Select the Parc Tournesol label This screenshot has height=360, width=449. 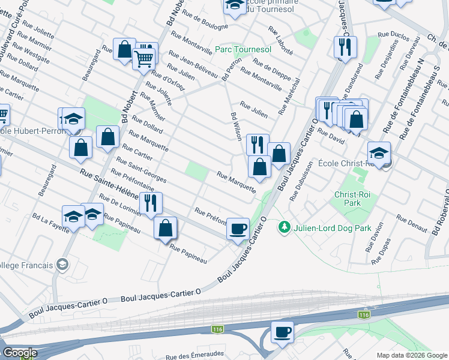pos(244,49)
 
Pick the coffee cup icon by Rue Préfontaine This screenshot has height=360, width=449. pos(238,228)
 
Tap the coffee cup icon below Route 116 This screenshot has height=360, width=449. pos(282,331)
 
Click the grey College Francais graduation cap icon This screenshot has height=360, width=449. pos(61,264)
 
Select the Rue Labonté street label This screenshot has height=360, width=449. pos(281,40)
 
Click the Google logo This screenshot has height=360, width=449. pos(20,353)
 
